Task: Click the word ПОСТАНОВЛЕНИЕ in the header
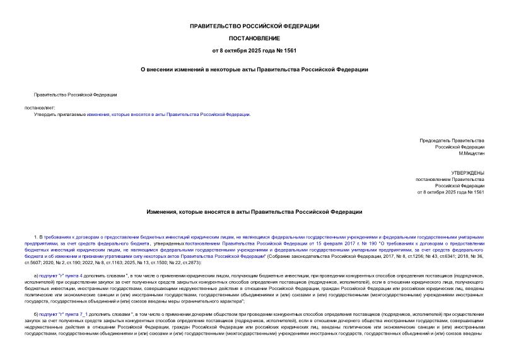[x=254, y=38]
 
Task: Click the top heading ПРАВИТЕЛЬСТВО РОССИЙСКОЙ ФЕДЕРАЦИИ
[x=254, y=26]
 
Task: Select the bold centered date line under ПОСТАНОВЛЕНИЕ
[x=254, y=50]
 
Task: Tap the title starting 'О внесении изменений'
[x=254, y=69]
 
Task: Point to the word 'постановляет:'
[x=40, y=108]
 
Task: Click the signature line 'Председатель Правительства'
[x=452, y=140]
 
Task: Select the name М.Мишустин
[x=471, y=153]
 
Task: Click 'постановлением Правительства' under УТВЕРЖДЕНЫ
[x=450, y=179]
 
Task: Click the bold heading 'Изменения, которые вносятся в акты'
[x=254, y=212]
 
